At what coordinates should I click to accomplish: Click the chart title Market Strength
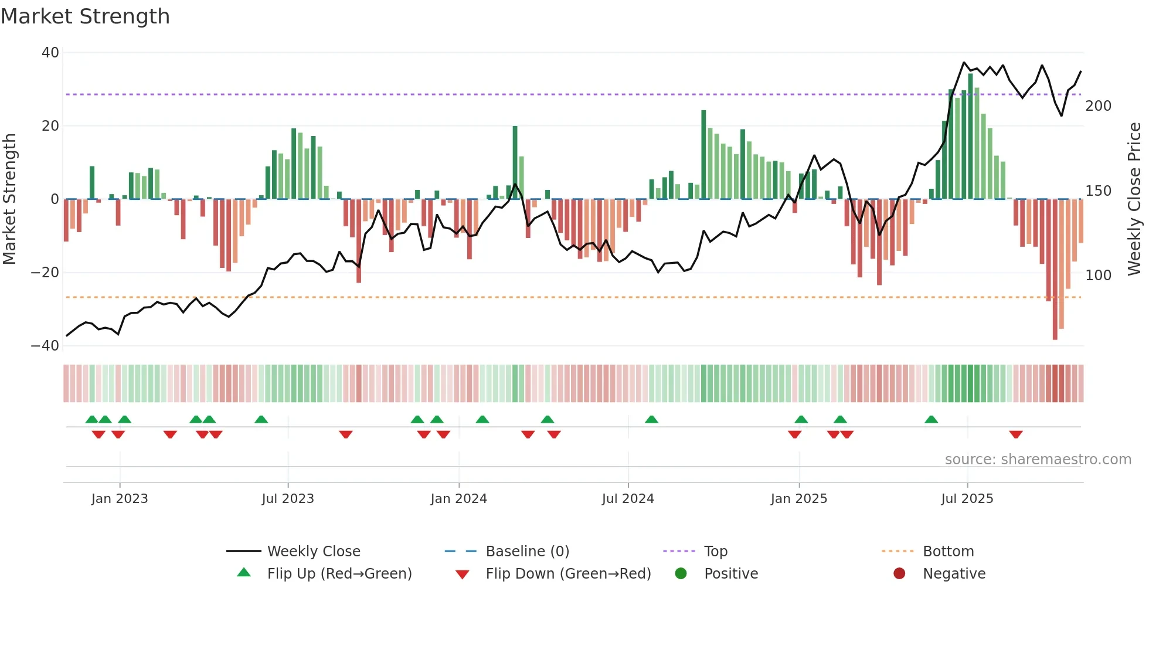[85, 16]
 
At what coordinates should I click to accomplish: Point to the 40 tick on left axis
[50, 53]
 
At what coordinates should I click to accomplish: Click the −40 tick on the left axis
[45, 346]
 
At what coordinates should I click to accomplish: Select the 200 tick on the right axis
[1098, 106]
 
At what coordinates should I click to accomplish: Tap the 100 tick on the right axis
[1098, 275]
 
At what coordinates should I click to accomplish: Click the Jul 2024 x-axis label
[627, 499]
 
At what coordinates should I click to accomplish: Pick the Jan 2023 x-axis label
[120, 499]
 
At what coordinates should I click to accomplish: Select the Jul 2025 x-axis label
[967, 499]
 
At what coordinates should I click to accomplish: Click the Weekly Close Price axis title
[1134, 199]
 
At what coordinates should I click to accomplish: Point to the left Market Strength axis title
[10, 199]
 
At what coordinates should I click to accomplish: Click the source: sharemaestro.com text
[1038, 460]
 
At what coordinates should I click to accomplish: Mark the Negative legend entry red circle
[899, 573]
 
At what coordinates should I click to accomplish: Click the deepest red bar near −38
[1055, 270]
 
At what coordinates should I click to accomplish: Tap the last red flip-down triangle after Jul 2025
[1016, 434]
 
